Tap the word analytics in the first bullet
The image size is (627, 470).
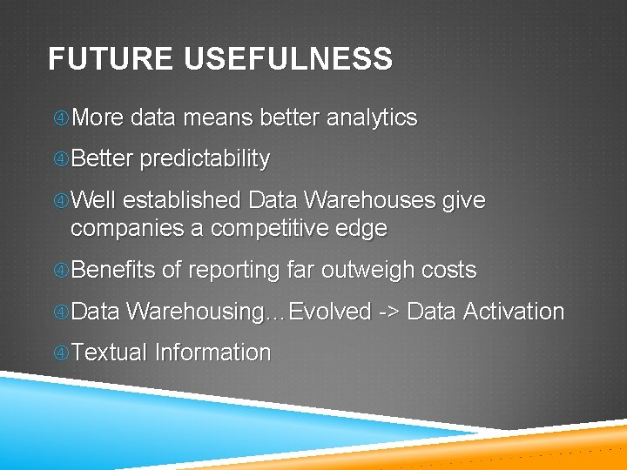(x=371, y=117)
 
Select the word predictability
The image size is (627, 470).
(x=205, y=159)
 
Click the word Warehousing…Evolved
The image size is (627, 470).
(x=249, y=312)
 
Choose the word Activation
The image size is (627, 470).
(x=514, y=312)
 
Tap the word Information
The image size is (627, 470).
(x=212, y=353)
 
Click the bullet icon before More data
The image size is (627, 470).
(x=60, y=118)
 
